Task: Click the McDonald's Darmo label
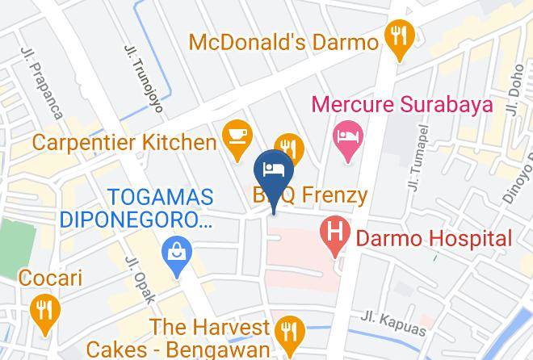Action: pos(283,41)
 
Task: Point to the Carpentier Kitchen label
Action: pos(124,143)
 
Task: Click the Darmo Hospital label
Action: pos(433,238)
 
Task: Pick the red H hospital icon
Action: pos(335,235)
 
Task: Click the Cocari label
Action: pos(41,278)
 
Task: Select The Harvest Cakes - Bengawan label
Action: pos(209,338)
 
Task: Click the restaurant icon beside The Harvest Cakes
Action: pos(287,331)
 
